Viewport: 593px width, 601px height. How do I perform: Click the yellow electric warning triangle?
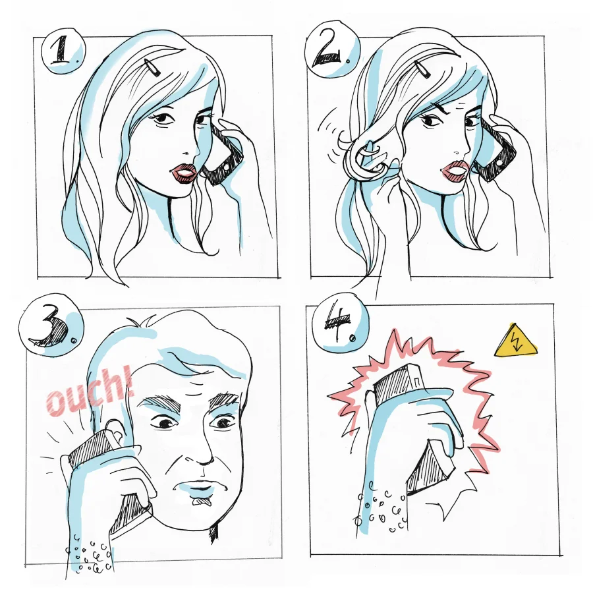pyautogui.click(x=515, y=342)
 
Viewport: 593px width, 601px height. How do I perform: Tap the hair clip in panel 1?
pyautogui.click(x=152, y=68)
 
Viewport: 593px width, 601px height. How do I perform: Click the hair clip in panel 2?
pyautogui.click(x=421, y=70)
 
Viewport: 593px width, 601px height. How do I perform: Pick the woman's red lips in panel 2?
pyautogui.click(x=455, y=169)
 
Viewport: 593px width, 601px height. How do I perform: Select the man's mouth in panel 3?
pyautogui.click(x=200, y=489)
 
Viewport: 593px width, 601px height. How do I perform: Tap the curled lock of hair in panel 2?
pyautogui.click(x=366, y=158)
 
